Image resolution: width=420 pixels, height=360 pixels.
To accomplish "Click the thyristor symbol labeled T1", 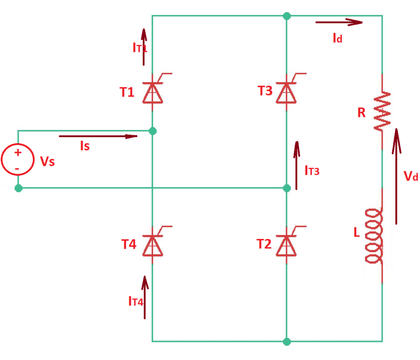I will pos(153,92).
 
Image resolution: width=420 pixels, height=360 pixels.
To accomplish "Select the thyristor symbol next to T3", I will pos(287,92).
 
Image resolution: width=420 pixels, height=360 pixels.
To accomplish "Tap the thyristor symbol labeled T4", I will pos(153,245).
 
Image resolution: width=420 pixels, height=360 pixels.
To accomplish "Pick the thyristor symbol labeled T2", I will pos(287,245).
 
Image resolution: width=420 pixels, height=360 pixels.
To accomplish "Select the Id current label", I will pos(337,39).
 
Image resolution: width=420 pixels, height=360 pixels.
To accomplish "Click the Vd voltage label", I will pos(410,177).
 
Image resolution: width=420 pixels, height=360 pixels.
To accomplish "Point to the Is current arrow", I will pos(98,136).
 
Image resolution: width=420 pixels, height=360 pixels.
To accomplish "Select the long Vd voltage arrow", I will pos(396,177).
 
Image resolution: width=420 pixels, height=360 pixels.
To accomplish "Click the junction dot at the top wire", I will pos(287,16).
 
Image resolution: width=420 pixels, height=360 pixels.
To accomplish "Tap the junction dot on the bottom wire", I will pos(287,342).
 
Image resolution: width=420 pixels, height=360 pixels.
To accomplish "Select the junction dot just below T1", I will pos(153,131).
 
